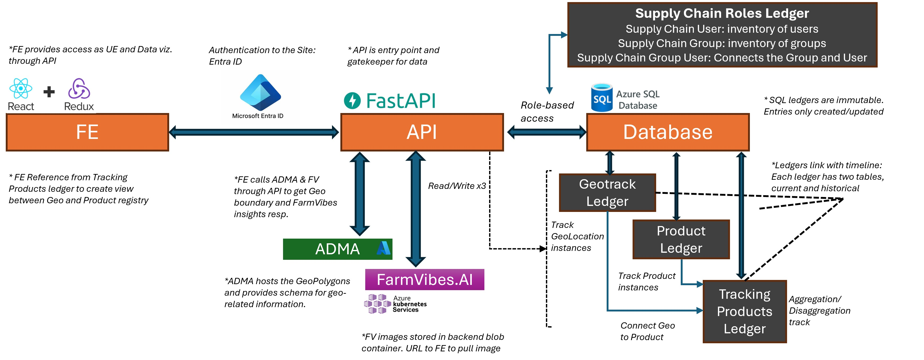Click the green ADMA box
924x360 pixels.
point(337,249)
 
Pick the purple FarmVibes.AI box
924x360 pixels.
point(425,280)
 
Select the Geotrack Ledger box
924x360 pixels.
point(607,193)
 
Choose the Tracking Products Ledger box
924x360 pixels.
point(745,312)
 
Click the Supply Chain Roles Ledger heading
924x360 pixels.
point(722,13)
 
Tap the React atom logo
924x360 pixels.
point(21,88)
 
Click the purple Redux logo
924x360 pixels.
point(79,89)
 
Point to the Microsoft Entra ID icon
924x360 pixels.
point(261,93)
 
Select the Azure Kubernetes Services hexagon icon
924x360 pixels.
point(377,304)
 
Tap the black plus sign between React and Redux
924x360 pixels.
point(49,92)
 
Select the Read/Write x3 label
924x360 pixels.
point(457,186)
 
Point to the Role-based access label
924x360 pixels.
point(547,111)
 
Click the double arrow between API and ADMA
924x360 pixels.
point(360,194)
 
